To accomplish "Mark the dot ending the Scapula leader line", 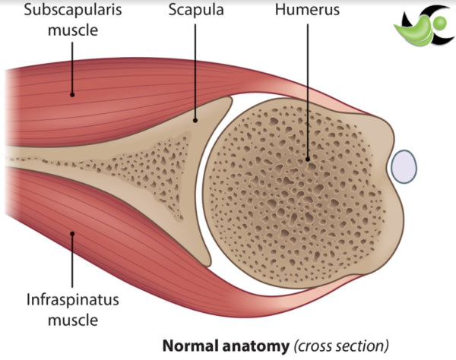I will coord(196,118).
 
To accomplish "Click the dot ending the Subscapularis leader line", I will coord(73,94).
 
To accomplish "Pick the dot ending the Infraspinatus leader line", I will coord(73,233).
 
